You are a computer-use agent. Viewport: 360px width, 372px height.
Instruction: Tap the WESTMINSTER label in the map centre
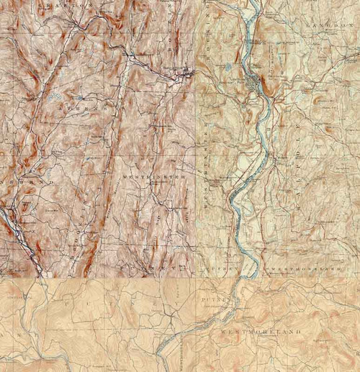154,176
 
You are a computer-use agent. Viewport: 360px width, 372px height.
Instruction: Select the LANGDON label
330,25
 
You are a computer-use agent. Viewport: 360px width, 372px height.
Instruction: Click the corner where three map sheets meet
196,278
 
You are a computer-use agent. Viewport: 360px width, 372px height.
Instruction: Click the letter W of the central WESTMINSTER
125,176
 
